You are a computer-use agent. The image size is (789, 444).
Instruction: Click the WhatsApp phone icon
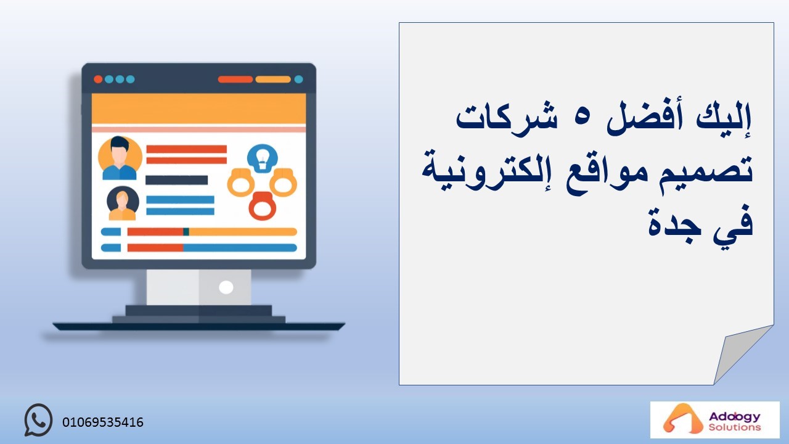38,420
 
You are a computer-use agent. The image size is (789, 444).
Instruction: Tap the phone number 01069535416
103,422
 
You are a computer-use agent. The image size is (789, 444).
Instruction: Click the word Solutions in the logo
735,427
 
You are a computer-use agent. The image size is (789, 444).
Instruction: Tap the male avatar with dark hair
120,158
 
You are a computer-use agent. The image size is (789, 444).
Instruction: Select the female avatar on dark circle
123,203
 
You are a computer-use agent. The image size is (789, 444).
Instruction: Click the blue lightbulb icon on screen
263,158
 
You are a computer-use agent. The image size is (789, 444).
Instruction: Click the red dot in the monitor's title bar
98,80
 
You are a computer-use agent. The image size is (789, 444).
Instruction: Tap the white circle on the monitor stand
226,287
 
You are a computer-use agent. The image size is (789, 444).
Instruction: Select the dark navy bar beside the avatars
177,180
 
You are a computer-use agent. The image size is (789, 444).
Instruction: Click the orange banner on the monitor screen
198,109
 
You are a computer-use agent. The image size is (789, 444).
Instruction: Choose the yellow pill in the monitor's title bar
273,80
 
